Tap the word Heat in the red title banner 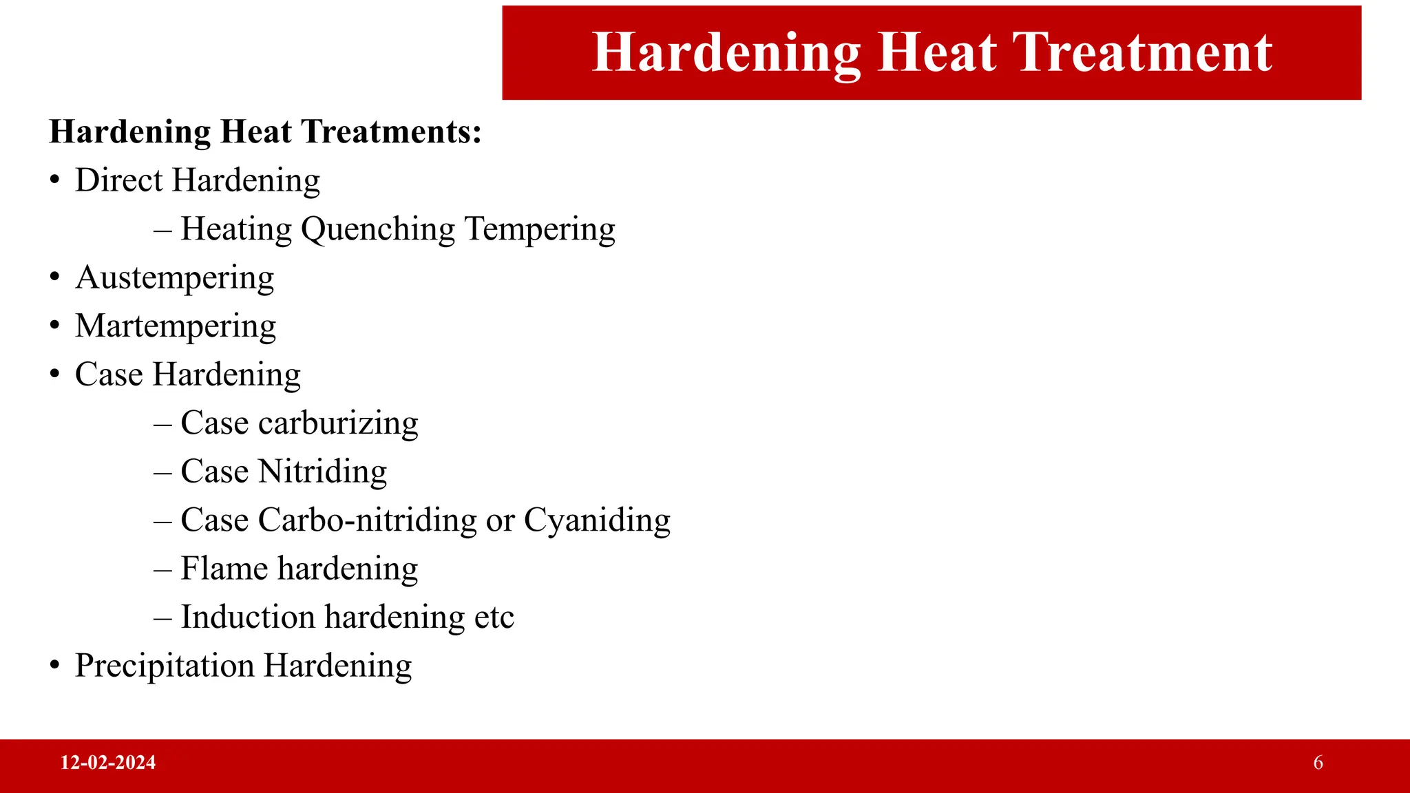pyautogui.click(x=938, y=52)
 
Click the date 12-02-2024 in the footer pyautogui.click(x=108, y=763)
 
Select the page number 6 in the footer pyautogui.click(x=1318, y=763)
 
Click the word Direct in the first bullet pyautogui.click(x=118, y=180)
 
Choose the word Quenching pyautogui.click(x=378, y=230)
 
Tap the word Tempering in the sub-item pyautogui.click(x=540, y=230)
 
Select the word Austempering pyautogui.click(x=175, y=278)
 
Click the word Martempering pyautogui.click(x=176, y=327)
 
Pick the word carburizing pyautogui.click(x=338, y=423)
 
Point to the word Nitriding pyautogui.click(x=322, y=472)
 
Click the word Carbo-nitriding pyautogui.click(x=367, y=520)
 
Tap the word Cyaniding pyautogui.click(x=597, y=520)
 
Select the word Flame pyautogui.click(x=224, y=569)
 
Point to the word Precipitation pyautogui.click(x=165, y=666)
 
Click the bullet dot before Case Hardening pyautogui.click(x=55, y=375)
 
